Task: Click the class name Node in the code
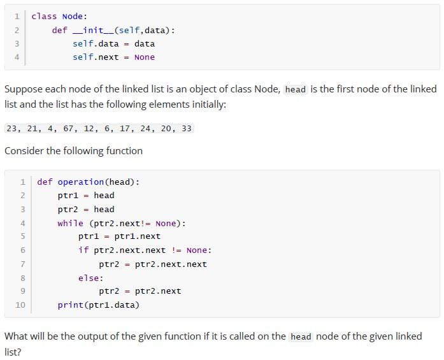[x=73, y=17]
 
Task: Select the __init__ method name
[x=93, y=31]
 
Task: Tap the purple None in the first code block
[x=145, y=57]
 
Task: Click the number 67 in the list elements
[x=68, y=129]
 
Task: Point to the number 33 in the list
[x=187, y=129]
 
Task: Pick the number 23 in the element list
[x=11, y=129]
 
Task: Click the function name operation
[x=81, y=182]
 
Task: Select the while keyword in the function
[x=71, y=224]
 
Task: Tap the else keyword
[x=89, y=278]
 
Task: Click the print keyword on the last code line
[x=71, y=305]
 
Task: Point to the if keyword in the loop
[x=83, y=250]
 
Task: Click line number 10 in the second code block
[x=20, y=305]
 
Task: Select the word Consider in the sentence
[x=24, y=150]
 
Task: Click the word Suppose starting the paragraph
[x=23, y=89]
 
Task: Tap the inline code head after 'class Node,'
[x=296, y=89]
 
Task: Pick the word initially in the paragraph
[x=209, y=104]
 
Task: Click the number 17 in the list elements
[x=125, y=129]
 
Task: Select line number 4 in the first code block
[x=17, y=57]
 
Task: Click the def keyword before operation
[x=45, y=182]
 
